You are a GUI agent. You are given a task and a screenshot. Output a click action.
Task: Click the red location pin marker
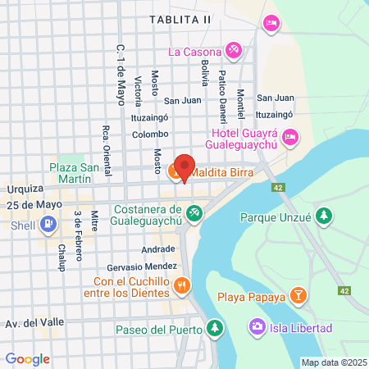(x=184, y=167)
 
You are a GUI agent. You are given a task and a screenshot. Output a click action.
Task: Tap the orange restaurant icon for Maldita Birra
(x=175, y=173)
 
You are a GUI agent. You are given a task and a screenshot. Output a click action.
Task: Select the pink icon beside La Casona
(x=233, y=51)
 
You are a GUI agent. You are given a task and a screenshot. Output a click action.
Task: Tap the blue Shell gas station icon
(x=48, y=222)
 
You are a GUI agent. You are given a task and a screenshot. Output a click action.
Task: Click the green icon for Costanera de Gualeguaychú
(x=194, y=214)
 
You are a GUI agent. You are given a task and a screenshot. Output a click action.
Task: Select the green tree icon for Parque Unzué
(x=325, y=216)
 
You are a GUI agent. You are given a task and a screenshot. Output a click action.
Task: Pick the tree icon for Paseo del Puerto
(x=214, y=330)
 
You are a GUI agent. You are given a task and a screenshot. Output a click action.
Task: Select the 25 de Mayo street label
(x=38, y=204)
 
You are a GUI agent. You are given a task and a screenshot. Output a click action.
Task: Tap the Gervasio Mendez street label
(x=142, y=267)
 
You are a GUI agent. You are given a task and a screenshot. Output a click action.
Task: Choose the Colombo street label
(x=150, y=134)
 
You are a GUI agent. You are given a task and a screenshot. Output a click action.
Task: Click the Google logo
(x=28, y=358)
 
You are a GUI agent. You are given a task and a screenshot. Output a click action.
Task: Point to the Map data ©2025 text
(x=333, y=362)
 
